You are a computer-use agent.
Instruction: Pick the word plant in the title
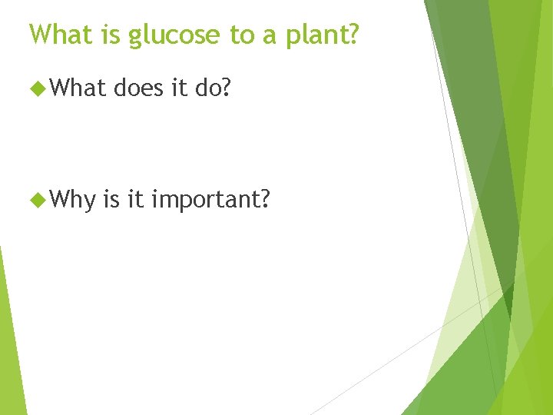(x=316, y=35)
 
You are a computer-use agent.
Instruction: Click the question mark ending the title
(x=352, y=34)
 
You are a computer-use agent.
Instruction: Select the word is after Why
(x=112, y=200)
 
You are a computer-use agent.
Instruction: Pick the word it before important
(x=135, y=200)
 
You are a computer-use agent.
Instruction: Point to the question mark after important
(x=265, y=200)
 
